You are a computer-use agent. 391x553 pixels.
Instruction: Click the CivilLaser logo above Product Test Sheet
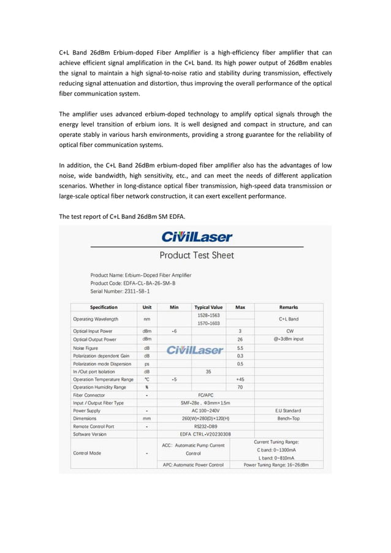[196, 236]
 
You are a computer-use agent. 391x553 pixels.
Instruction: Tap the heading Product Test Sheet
[196, 255]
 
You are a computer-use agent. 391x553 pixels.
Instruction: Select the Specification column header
[104, 307]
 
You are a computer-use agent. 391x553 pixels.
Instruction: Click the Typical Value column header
[208, 307]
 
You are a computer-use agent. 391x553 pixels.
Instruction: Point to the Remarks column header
[288, 307]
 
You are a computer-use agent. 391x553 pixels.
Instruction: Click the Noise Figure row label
[88, 347]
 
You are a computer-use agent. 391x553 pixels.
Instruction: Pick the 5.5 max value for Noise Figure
[240, 347]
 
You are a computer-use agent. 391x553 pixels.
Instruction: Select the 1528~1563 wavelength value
[208, 315]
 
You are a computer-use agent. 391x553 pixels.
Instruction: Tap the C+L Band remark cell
[288, 319]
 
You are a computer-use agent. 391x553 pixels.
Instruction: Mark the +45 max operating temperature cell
[240, 379]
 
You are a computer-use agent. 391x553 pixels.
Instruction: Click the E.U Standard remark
[288, 411]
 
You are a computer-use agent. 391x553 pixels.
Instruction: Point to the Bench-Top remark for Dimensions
[288, 419]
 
